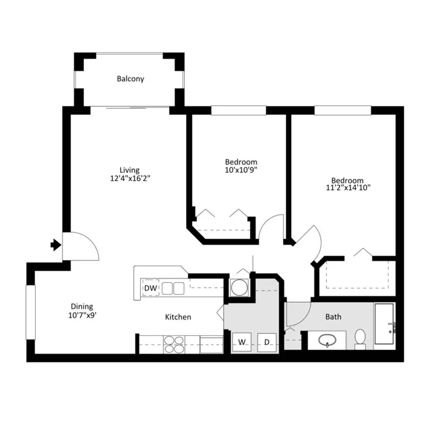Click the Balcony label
(x=130, y=79)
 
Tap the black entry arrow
(x=56, y=245)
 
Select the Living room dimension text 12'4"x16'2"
(x=130, y=178)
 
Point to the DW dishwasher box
(x=151, y=288)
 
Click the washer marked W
(x=241, y=342)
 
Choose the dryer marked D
(x=267, y=342)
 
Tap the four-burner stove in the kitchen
(x=174, y=345)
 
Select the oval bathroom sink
(x=327, y=340)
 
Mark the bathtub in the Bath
(x=384, y=324)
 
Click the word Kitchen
(x=178, y=317)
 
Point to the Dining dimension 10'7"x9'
(x=82, y=315)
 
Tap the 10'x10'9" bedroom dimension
(x=241, y=170)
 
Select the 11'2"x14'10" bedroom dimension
(x=348, y=188)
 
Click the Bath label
(x=333, y=317)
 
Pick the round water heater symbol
(x=240, y=287)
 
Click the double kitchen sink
(x=173, y=288)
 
